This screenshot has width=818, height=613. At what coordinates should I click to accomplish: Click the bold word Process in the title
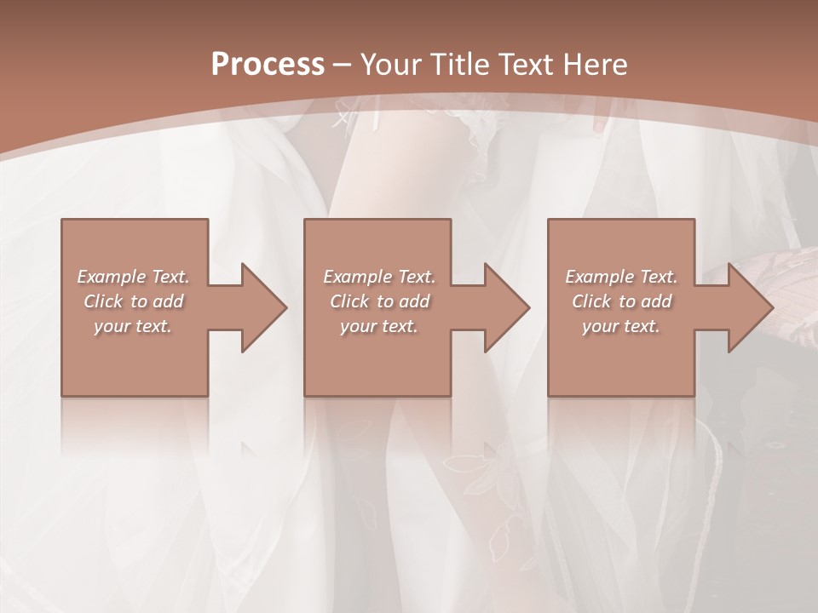tap(268, 65)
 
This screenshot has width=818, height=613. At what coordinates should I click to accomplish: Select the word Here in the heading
tap(595, 65)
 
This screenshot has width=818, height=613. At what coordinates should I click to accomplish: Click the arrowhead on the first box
tap(260, 307)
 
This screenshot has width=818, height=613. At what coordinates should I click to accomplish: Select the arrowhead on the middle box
tap(503, 307)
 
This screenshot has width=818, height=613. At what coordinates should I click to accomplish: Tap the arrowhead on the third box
tap(746, 307)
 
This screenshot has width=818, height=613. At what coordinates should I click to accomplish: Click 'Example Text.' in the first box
tap(133, 277)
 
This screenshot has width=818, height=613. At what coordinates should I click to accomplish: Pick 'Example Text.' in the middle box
tap(379, 277)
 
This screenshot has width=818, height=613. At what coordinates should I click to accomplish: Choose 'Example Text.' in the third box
tap(621, 277)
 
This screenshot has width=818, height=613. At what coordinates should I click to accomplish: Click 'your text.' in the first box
tap(133, 326)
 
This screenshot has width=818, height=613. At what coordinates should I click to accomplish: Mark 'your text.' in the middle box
tap(379, 326)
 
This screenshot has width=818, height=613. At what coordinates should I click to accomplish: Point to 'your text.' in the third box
tap(621, 326)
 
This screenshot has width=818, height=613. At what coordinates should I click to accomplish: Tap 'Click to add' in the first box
tap(133, 301)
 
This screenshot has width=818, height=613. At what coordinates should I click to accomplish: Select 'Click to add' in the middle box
tap(379, 301)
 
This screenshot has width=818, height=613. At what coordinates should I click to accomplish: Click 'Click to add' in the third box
tap(621, 301)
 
